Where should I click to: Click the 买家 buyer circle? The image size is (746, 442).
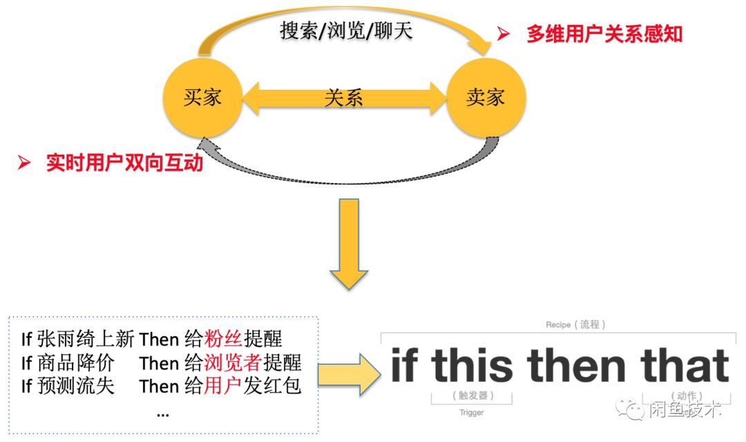pos(202,97)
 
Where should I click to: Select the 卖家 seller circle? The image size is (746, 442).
pos(486,97)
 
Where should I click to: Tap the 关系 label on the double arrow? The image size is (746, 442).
pos(343,98)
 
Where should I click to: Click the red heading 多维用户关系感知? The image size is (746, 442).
pos(604,35)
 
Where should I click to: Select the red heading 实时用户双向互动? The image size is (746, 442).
pos(124,163)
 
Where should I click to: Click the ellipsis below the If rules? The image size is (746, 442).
pos(163,412)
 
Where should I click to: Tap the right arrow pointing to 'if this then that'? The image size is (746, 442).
pos(349,375)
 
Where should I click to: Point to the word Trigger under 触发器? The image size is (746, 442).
pos(472,412)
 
